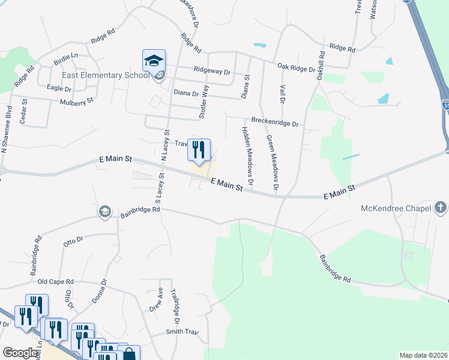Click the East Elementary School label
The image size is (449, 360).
[106, 76]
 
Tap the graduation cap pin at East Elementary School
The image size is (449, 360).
[153, 61]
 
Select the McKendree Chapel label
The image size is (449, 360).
[396, 209]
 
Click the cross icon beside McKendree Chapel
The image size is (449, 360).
[441, 209]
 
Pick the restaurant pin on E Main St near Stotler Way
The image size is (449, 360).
[199, 149]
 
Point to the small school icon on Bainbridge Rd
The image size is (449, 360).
[104, 212]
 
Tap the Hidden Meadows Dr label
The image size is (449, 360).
[247, 155]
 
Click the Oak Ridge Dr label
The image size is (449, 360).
[296, 68]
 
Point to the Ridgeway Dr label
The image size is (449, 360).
[212, 71]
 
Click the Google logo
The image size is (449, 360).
[20, 353]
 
